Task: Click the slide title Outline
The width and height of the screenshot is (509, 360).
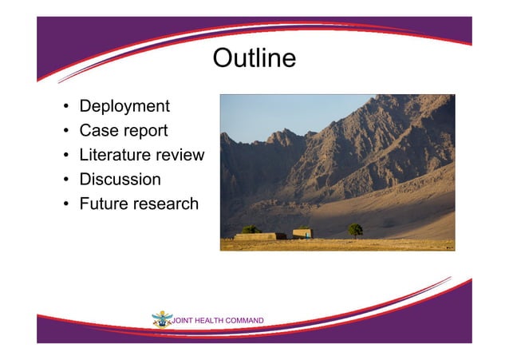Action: pyautogui.click(x=254, y=59)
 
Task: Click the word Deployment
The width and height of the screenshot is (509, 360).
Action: pyautogui.click(x=124, y=106)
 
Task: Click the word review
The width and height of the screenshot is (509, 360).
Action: pyautogui.click(x=180, y=155)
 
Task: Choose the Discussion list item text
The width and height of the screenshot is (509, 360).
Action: pyautogui.click(x=120, y=180)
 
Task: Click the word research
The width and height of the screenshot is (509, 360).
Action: pyautogui.click(x=168, y=204)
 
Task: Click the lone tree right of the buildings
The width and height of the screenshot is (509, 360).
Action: pyautogui.click(x=355, y=230)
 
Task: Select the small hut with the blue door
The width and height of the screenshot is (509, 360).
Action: pyautogui.click(x=302, y=233)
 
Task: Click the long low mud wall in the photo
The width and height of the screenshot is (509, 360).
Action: pyautogui.click(x=255, y=236)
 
